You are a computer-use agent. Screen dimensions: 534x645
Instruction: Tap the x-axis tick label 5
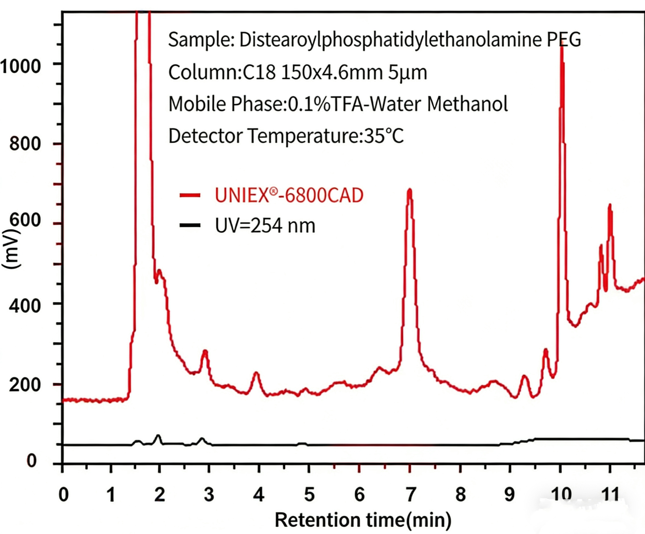309,494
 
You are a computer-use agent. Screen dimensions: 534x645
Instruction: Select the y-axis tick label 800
25,143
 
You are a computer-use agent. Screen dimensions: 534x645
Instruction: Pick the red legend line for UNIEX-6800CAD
190,195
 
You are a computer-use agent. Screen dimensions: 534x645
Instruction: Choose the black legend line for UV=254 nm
190,226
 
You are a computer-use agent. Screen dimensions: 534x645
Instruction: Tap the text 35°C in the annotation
384,136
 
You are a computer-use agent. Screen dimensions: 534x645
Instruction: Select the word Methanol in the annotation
467,104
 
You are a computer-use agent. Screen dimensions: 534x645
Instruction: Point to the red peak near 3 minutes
205,351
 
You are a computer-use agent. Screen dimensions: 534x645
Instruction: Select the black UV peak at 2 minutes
159,436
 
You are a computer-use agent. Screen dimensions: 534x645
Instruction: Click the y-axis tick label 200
25,385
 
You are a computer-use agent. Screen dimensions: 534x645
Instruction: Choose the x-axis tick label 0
63,494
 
